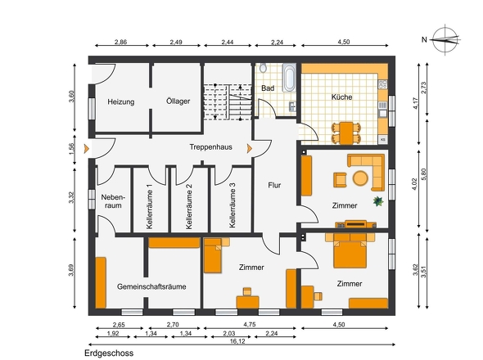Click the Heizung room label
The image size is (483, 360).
click(x=121, y=101)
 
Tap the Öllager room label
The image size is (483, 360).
click(x=178, y=101)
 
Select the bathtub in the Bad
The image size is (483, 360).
click(x=289, y=78)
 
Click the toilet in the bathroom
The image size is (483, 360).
click(x=263, y=68)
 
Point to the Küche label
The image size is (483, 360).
click(x=341, y=97)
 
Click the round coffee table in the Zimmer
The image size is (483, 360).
click(x=360, y=178)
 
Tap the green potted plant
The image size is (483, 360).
click(x=378, y=201)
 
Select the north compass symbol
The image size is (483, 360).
click(x=445, y=40)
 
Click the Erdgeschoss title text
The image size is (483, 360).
click(x=109, y=353)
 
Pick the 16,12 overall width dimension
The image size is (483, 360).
click(x=237, y=341)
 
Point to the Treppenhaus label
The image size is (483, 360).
click(x=210, y=147)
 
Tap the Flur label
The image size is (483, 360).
click(x=274, y=185)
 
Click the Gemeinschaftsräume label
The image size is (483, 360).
click(x=151, y=286)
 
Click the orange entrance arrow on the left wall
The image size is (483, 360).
click(x=87, y=149)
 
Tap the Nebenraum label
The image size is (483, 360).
click(x=113, y=201)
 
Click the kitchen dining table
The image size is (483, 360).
click(x=346, y=133)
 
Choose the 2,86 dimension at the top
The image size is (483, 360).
click(x=121, y=42)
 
